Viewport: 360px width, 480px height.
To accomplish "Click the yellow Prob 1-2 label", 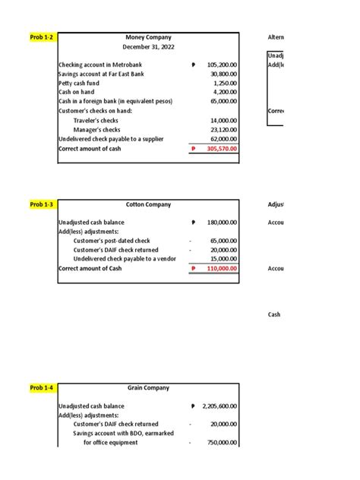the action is tap(42, 37).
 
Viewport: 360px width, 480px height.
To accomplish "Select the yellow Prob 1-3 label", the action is tap(42, 204).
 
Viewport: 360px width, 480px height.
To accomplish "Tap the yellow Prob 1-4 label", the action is tap(42, 388).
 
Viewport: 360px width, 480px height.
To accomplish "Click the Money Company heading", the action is tap(148, 37).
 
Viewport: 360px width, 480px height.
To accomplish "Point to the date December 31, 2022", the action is tap(148, 47).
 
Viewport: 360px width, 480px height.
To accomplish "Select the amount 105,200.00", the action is tap(222, 65).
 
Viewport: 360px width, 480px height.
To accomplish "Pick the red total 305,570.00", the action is tap(222, 149).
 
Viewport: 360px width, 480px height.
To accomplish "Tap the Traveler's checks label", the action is tap(96, 121).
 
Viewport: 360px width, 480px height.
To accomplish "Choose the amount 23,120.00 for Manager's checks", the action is tap(223, 130).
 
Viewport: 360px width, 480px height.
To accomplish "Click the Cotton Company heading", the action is tap(148, 204).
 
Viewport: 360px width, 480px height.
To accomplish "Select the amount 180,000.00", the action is tap(222, 223).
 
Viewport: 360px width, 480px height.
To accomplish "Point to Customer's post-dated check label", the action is tap(112, 241).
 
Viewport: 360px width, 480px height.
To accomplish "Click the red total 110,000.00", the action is tap(222, 269).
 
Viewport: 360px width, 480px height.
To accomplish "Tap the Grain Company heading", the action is tap(148, 388).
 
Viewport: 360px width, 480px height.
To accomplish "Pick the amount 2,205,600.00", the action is tap(219, 406).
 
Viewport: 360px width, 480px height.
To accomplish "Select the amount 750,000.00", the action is tap(222, 443).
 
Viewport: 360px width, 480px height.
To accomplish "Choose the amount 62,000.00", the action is tap(223, 140).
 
